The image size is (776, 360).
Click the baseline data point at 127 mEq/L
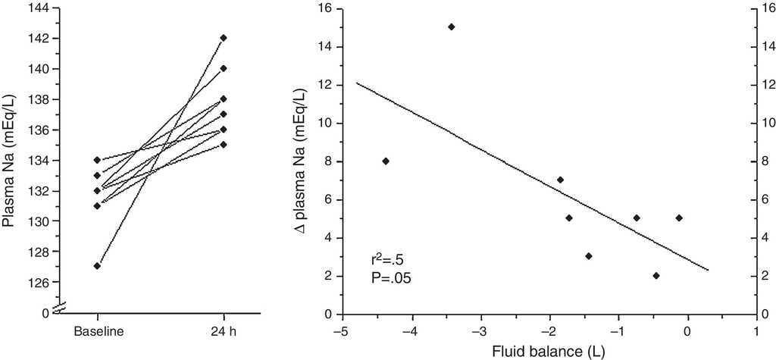point(97,266)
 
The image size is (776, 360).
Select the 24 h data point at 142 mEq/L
point(224,38)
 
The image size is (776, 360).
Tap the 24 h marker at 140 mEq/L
point(224,68)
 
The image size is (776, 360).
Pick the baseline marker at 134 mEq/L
point(97,160)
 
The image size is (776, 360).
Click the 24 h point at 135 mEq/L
point(224,144)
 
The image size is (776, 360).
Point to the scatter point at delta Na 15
point(452,27)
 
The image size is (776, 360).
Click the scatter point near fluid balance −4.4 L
point(386,161)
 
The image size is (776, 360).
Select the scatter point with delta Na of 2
point(656,275)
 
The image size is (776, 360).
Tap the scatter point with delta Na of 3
point(589,256)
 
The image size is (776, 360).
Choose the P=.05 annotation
point(387,277)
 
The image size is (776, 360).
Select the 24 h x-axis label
point(224,332)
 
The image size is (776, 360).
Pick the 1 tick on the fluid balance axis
point(756,332)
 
